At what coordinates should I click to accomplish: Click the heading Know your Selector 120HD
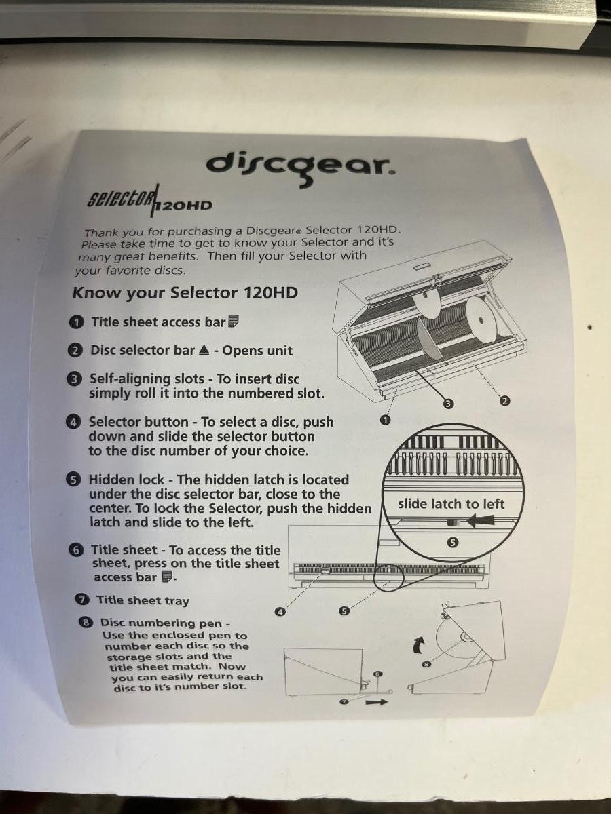(x=185, y=293)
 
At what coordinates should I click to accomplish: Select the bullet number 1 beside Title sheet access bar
(x=77, y=323)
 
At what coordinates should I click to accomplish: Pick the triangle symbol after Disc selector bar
(x=204, y=350)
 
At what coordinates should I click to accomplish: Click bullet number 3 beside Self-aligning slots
(x=74, y=379)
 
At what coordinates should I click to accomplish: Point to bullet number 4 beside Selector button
(x=73, y=423)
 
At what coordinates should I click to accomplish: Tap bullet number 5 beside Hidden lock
(x=73, y=480)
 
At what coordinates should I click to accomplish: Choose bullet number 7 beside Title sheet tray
(x=81, y=600)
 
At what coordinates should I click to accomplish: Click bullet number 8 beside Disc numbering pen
(x=86, y=623)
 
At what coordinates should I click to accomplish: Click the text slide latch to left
(x=451, y=504)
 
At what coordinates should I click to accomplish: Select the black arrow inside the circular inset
(x=480, y=521)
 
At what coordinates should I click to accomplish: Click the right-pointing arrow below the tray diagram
(x=377, y=702)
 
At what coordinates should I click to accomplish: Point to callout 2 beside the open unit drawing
(x=504, y=401)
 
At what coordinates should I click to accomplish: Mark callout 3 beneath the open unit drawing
(x=449, y=404)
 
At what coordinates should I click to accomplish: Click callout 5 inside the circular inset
(x=453, y=543)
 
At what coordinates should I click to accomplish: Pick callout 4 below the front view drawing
(x=280, y=613)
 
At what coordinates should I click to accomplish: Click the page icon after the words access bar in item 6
(x=167, y=577)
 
